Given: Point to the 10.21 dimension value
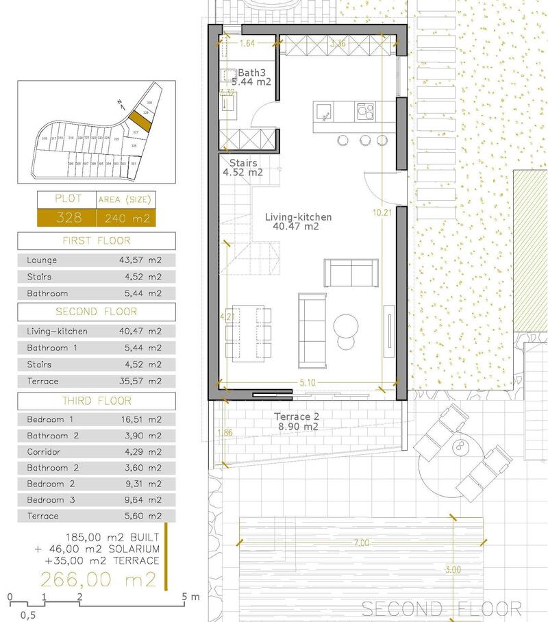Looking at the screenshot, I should pyautogui.click(x=382, y=213).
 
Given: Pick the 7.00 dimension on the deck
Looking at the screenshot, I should pyautogui.click(x=362, y=543).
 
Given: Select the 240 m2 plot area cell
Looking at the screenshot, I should pyautogui.click(x=126, y=219).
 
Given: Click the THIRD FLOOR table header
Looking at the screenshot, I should pyautogui.click(x=97, y=401).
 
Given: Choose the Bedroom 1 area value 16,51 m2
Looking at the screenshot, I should pyautogui.click(x=140, y=419).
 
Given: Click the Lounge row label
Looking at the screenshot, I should pyautogui.click(x=42, y=260).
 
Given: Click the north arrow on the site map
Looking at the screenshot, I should pyautogui.click(x=121, y=105).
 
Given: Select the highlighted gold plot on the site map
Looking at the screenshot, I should pyautogui.click(x=140, y=118).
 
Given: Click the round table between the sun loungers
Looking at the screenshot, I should pyautogui.click(x=460, y=447).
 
